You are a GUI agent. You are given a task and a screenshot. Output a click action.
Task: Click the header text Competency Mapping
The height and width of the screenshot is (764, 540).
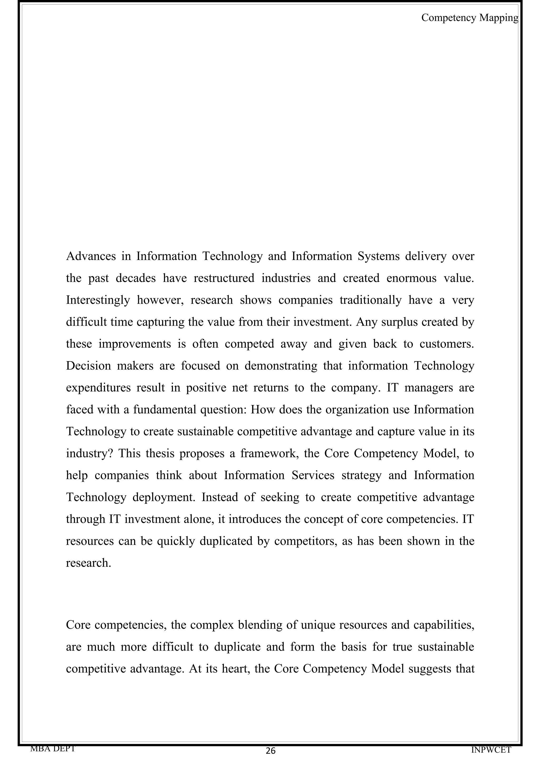[x=469, y=18]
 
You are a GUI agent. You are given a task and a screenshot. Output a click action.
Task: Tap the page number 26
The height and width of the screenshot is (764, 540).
[x=271, y=751]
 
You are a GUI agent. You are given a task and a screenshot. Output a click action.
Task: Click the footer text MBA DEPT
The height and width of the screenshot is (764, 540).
[x=52, y=748]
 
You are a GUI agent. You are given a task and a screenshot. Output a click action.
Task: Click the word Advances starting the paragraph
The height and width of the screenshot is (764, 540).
[x=91, y=256]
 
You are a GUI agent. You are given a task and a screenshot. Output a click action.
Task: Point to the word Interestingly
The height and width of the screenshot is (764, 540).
[x=98, y=300]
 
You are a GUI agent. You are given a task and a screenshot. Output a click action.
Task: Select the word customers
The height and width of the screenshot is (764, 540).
[x=446, y=344]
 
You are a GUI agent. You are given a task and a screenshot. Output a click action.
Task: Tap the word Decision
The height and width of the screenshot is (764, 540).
[x=88, y=366]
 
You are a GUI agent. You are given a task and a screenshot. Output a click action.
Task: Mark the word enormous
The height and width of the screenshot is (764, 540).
[x=411, y=278]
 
